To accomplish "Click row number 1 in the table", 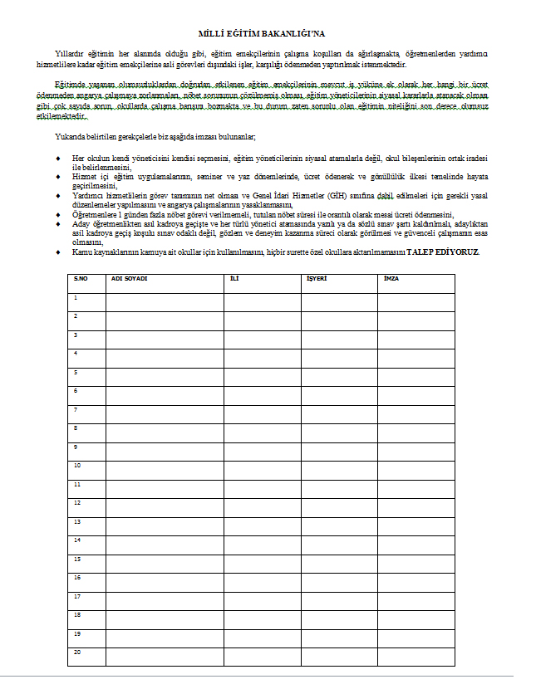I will click(76, 297).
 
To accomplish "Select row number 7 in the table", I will click(76, 409).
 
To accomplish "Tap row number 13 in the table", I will click(77, 521).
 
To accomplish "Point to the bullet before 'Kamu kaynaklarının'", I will click(57, 252).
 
